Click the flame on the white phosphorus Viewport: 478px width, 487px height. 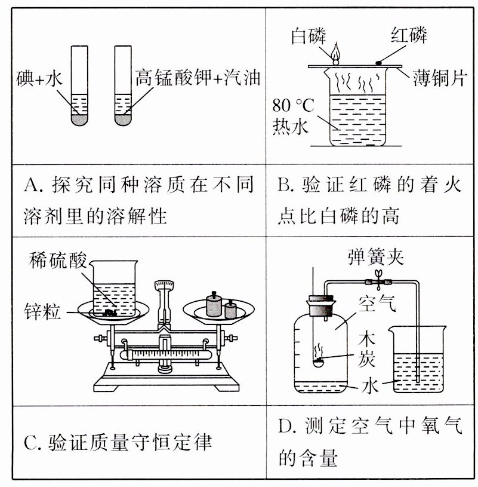336,52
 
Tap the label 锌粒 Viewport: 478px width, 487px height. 42,311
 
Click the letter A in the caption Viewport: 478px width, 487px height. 31,183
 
